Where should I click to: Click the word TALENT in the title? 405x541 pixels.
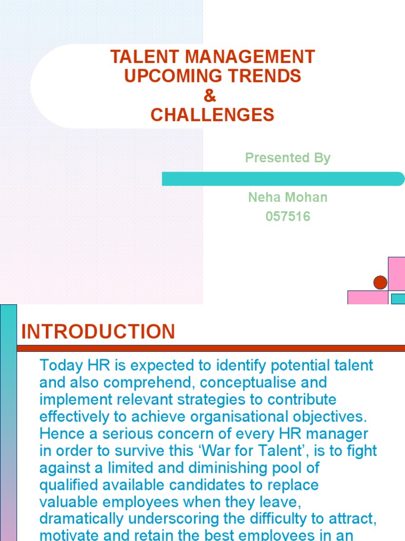(x=135, y=57)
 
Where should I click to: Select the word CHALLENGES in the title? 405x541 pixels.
(x=213, y=115)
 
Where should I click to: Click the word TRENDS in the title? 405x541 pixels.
(x=263, y=76)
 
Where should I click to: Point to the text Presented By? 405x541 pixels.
(x=288, y=158)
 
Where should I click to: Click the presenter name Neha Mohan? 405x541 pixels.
(x=288, y=198)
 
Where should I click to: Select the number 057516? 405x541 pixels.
(x=288, y=217)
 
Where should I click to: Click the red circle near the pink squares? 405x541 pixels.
(x=380, y=283)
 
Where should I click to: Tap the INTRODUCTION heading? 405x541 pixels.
(x=98, y=332)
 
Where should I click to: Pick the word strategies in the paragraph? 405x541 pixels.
(x=192, y=399)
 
